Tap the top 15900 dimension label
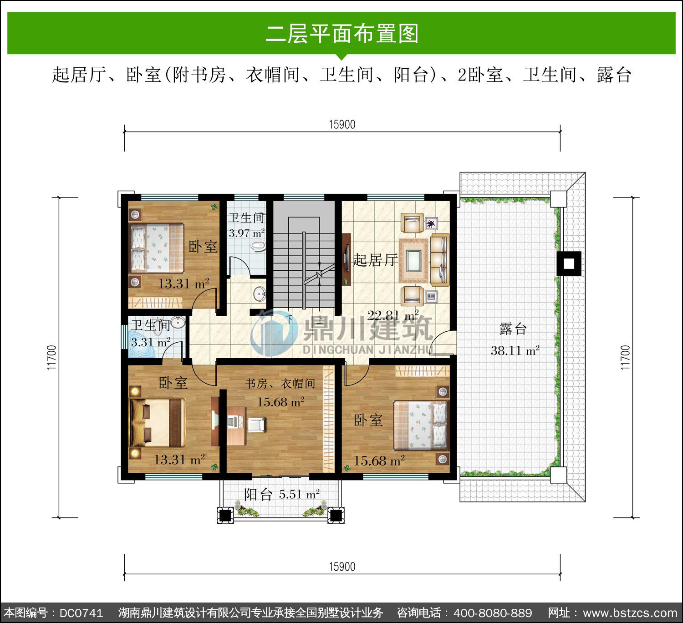[x=342, y=125]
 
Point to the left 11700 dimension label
[x=51, y=357]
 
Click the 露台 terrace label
[x=513, y=329]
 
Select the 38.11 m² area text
[x=515, y=350]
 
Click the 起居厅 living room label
[x=375, y=260]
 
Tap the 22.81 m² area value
[x=393, y=315]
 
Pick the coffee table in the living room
[x=413, y=260]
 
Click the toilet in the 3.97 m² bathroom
[x=259, y=246]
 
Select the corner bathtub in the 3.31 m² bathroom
[x=141, y=346]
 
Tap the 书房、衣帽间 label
[x=280, y=384]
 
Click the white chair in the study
[x=256, y=425]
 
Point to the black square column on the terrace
[x=569, y=263]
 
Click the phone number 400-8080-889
[x=493, y=613]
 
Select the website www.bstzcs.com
[x=630, y=613]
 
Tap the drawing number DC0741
[x=81, y=613]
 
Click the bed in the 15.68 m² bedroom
[x=420, y=426]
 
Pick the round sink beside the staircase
[x=260, y=294]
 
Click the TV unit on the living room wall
[x=347, y=259]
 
